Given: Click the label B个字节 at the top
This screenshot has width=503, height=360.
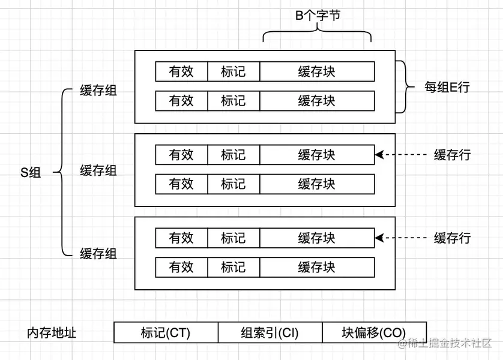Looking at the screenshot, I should (x=318, y=16).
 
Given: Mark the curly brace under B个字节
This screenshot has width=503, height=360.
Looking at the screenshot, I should (x=317, y=35).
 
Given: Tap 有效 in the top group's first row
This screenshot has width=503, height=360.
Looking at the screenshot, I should (x=181, y=72).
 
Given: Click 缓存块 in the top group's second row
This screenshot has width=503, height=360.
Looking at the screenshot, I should (x=317, y=100).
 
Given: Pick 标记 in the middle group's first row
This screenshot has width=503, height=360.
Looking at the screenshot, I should (x=233, y=155).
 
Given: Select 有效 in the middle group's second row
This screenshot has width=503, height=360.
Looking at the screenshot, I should (x=181, y=184).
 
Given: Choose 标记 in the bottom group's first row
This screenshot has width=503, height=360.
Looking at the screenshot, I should (x=233, y=238).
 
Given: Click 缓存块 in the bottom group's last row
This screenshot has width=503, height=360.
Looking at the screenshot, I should (x=317, y=266).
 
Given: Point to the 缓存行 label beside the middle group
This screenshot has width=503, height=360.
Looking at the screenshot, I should (x=452, y=155).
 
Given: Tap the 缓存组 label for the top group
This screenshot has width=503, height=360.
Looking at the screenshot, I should (x=98, y=91).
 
